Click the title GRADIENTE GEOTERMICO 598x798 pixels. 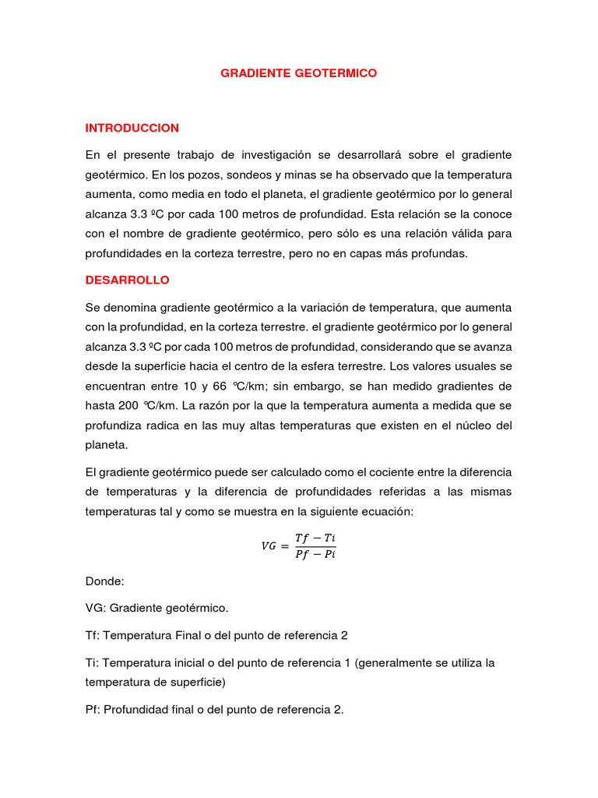[299, 72]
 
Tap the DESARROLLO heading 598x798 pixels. [127, 279]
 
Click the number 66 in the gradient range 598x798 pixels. [231, 386]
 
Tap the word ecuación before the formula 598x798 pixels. [364, 512]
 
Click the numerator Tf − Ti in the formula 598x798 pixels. [315, 538]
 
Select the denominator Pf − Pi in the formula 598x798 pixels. [315, 554]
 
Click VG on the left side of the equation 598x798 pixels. [268, 546]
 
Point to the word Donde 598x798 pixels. [104, 581]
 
